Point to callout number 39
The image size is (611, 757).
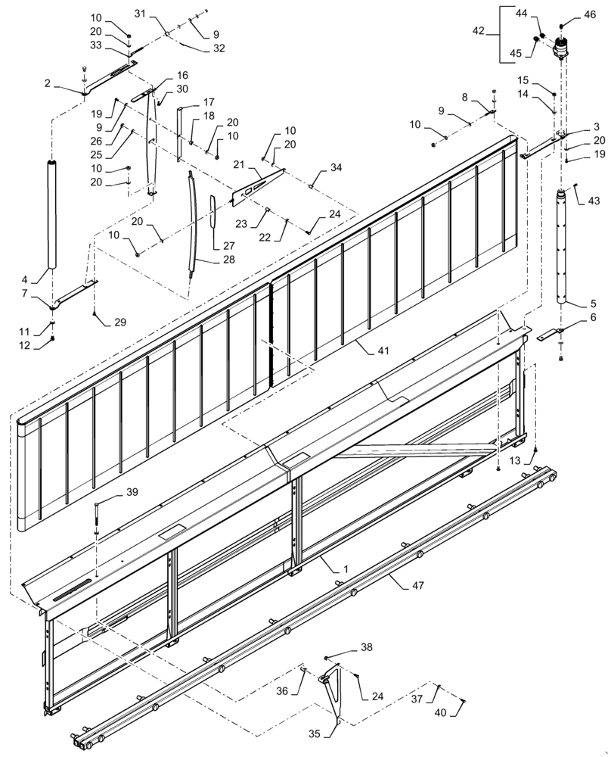pyautogui.click(x=132, y=492)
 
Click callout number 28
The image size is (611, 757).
pyautogui.click(x=228, y=260)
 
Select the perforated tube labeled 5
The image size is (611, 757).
pyautogui.click(x=562, y=246)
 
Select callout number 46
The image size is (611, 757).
pyautogui.click(x=590, y=14)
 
